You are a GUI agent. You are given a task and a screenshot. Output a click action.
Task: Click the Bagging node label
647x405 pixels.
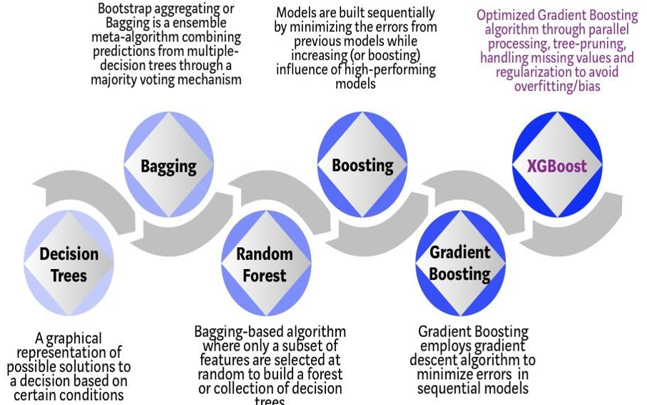pyautogui.click(x=168, y=167)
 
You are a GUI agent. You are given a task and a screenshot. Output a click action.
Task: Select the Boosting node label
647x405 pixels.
pyautogui.click(x=362, y=166)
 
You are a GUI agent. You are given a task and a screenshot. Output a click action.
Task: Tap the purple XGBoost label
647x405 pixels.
pyautogui.click(x=557, y=166)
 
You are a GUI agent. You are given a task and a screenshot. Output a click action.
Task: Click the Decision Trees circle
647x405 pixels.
pyautogui.click(x=69, y=263)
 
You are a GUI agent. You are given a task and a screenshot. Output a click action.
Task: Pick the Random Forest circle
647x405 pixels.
pyautogui.click(x=266, y=263)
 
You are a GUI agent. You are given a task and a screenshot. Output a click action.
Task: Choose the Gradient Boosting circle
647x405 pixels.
pyautogui.click(x=460, y=263)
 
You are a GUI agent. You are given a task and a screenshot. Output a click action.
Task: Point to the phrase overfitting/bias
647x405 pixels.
pyautogui.click(x=557, y=87)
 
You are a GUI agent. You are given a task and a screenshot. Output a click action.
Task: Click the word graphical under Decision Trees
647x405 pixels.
pyautogui.click(x=74, y=339)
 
